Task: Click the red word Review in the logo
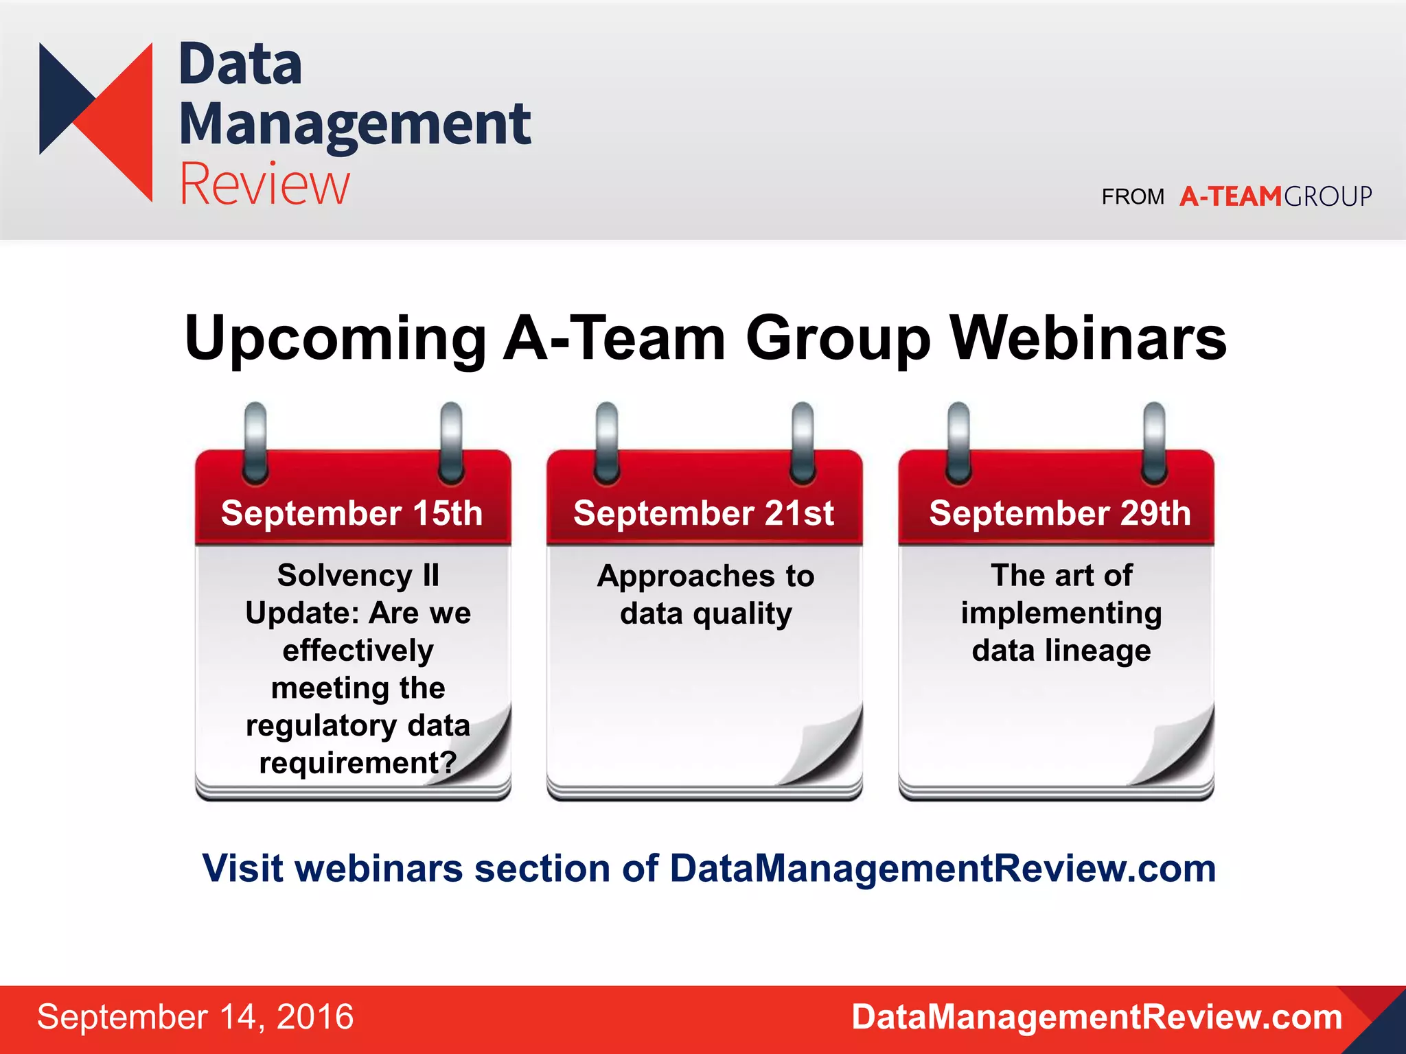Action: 264,184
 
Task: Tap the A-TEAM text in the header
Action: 1230,197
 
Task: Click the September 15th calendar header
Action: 351,513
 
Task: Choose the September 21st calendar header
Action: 704,513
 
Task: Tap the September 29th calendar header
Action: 1059,513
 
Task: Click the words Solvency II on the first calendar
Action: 358,575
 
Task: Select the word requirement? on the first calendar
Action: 358,762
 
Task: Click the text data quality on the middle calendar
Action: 706,613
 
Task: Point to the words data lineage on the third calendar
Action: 1061,651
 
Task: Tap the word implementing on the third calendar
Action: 1061,613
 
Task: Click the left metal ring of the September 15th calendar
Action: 255,443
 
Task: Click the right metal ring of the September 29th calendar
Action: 1154,443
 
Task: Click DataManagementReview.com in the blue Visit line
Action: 943,869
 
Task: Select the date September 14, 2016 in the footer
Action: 195,1017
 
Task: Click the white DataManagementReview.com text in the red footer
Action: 1096,1017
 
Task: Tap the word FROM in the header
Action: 1133,198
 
